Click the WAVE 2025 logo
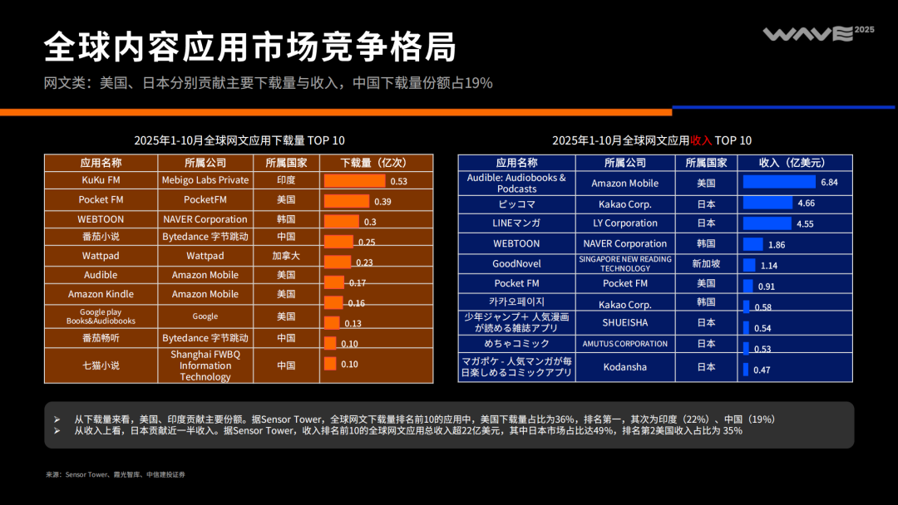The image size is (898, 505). pyautogui.click(x=818, y=33)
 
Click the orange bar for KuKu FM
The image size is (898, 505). pyautogui.click(x=354, y=180)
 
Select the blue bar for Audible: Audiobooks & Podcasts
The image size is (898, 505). pyautogui.click(x=778, y=182)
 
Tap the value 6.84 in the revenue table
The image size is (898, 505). pyautogui.click(x=828, y=182)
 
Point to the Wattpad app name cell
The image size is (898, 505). pyautogui.click(x=101, y=256)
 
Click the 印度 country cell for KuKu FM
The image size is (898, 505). pyautogui.click(x=286, y=179)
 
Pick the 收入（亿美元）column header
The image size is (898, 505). pyautogui.click(x=793, y=163)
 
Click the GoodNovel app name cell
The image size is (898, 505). pyautogui.click(x=516, y=263)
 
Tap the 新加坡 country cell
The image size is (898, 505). pyautogui.click(x=706, y=263)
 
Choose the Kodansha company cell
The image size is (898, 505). pyautogui.click(x=624, y=367)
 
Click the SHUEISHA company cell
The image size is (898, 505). pyautogui.click(x=624, y=322)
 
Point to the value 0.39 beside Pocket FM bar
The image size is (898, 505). pyautogui.click(x=382, y=202)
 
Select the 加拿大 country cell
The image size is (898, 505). pyautogui.click(x=286, y=256)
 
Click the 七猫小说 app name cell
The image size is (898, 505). pyautogui.click(x=101, y=365)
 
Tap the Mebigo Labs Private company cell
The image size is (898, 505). pyautogui.click(x=205, y=179)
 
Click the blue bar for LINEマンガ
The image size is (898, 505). pyautogui.click(x=767, y=223)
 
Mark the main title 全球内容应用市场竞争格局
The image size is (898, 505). pyautogui.click(x=250, y=47)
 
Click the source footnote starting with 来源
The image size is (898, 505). pyautogui.click(x=116, y=474)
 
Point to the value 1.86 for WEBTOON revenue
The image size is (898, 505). pyautogui.click(x=777, y=245)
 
